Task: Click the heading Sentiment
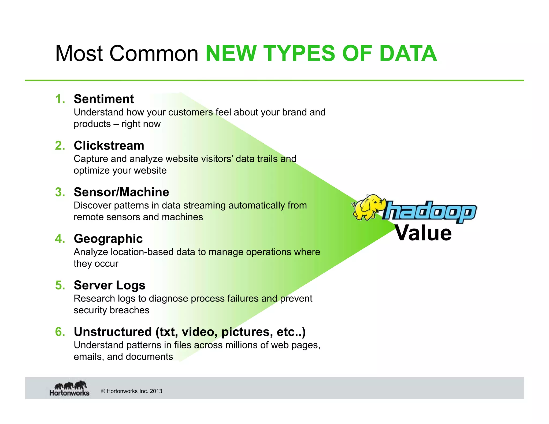click(104, 99)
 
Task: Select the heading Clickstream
click(109, 146)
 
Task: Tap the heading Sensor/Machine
click(121, 192)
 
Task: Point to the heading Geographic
click(108, 239)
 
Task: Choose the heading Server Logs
click(109, 285)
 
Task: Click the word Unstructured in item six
click(113, 332)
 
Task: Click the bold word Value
click(423, 233)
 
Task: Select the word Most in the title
click(79, 54)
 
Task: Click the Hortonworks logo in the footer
click(69, 389)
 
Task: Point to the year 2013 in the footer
click(156, 391)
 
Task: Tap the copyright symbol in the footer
click(103, 391)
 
